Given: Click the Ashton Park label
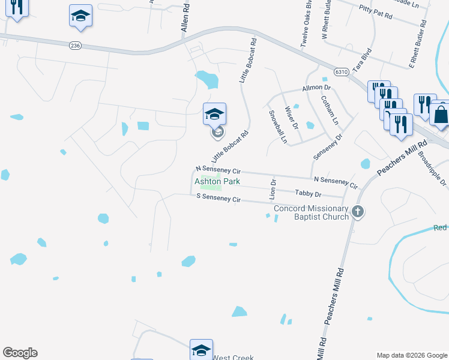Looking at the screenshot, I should [217, 181].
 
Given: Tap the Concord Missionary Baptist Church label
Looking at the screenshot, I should [311, 212].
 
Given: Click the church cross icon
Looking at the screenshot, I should [358, 211].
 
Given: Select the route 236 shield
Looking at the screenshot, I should [75, 46].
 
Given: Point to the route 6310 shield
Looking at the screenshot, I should [342, 71].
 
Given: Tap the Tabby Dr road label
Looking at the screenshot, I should [309, 194].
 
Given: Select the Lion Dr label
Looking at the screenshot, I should [274, 189].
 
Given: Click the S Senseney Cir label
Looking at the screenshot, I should [218, 197].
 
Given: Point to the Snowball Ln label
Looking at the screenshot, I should [278, 127].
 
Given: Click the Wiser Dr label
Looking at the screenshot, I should [292, 118].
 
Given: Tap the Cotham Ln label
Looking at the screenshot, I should [330, 110].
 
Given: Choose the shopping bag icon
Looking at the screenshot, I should [440, 113].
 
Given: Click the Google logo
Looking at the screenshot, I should [20, 353].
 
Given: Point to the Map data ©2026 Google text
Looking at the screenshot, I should [411, 355].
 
